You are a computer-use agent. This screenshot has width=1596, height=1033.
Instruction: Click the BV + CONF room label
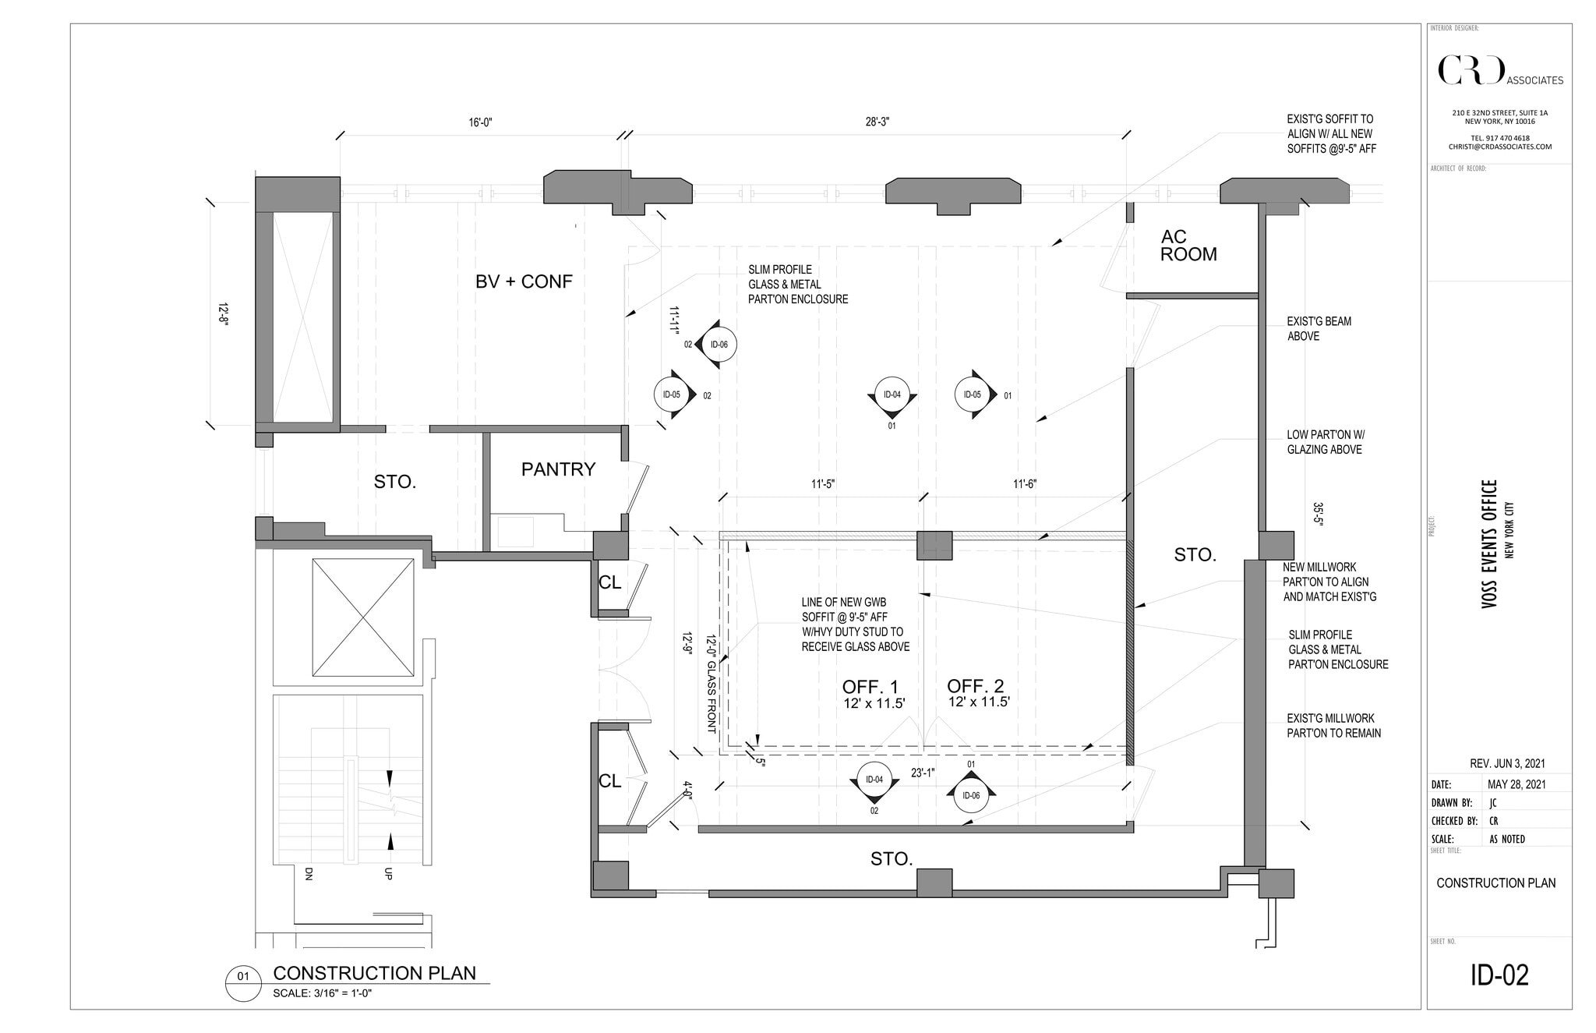[x=524, y=281]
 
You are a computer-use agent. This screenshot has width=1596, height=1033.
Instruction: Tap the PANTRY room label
[x=558, y=469]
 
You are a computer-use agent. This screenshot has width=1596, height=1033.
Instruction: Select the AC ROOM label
[x=1188, y=246]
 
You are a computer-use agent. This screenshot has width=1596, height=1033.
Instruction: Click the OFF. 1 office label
[x=870, y=688]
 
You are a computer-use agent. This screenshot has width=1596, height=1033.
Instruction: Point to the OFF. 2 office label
[x=976, y=687]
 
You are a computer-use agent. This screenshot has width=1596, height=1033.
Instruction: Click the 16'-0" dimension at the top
[x=480, y=122]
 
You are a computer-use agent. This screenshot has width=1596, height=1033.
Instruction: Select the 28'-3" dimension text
[x=877, y=122]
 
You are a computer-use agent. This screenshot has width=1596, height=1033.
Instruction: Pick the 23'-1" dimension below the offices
[x=923, y=773]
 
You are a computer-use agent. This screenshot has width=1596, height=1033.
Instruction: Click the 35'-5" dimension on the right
[x=1318, y=515]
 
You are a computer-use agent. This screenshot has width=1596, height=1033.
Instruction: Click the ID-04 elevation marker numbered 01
[x=892, y=395]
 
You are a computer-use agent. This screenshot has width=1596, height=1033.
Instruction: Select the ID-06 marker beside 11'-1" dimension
[x=719, y=345]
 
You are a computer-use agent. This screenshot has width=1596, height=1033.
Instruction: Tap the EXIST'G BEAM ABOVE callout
[x=1319, y=328]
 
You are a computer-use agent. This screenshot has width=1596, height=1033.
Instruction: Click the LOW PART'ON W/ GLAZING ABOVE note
[x=1325, y=442]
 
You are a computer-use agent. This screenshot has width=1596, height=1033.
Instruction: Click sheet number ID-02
[x=1499, y=975]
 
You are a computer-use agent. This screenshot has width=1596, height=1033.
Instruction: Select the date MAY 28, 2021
[x=1516, y=784]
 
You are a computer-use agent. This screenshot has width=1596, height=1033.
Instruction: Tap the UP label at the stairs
[x=388, y=874]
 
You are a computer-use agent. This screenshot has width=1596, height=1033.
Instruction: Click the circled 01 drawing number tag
[x=243, y=976]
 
